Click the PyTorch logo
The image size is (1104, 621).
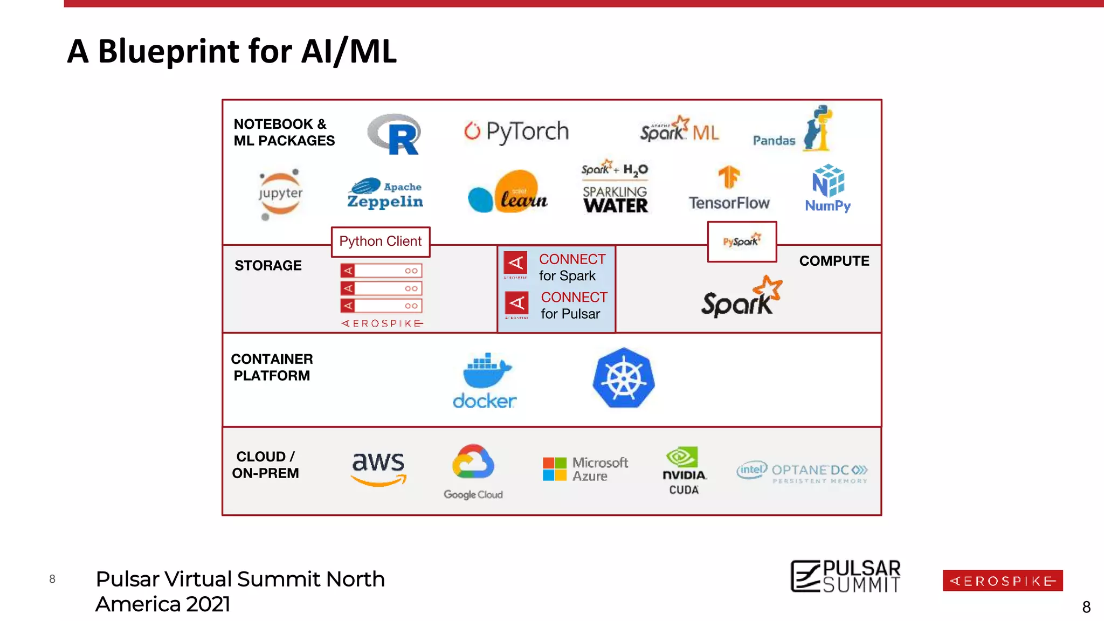click(x=516, y=132)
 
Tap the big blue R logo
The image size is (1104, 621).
click(x=395, y=134)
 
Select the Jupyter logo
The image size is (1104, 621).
click(x=280, y=194)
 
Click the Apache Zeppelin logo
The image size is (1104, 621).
click(x=385, y=194)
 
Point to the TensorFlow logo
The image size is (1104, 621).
click(x=729, y=188)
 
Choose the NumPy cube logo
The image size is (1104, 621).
click(x=828, y=188)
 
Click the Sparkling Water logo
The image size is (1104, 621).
click(x=615, y=188)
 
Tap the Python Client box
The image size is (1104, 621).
click(x=381, y=241)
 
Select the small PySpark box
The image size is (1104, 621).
click(x=742, y=241)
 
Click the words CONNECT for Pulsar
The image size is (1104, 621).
click(x=573, y=306)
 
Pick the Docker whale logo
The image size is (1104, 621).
click(x=485, y=379)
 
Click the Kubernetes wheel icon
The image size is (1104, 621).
click(x=624, y=378)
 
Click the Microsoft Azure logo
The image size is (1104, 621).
click(x=585, y=469)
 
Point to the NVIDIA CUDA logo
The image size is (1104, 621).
click(x=684, y=470)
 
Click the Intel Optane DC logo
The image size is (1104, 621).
click(x=802, y=472)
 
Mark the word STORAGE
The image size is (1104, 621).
click(x=268, y=266)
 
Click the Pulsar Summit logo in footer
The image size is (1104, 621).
click(x=845, y=577)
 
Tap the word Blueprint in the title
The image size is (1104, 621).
click(x=168, y=52)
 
